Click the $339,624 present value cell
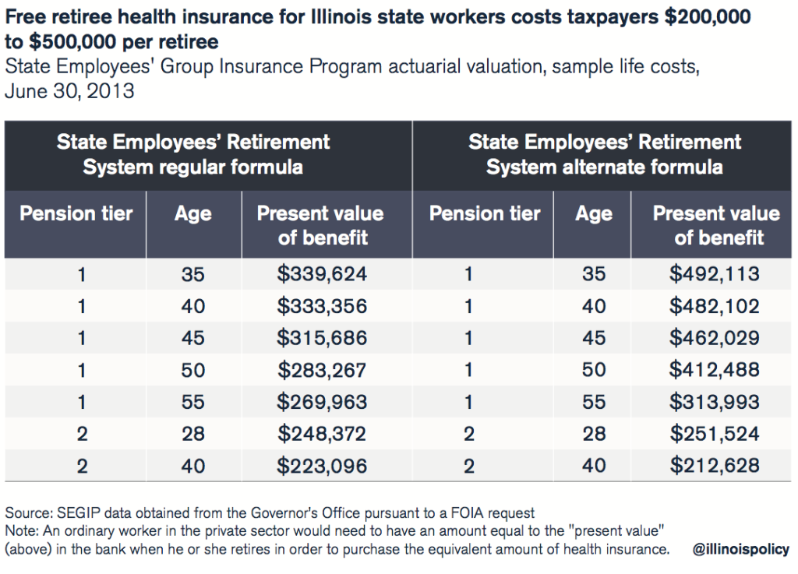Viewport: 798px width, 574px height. (322, 273)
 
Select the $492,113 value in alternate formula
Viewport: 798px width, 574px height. (714, 273)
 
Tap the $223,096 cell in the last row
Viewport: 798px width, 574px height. (322, 466)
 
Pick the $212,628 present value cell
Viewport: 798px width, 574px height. (714, 466)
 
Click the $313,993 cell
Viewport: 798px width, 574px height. (714, 402)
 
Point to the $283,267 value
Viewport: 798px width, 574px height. (322, 370)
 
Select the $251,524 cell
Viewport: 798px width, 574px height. (714, 434)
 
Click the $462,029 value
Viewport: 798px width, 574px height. (714, 338)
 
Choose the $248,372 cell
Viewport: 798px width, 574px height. (322, 434)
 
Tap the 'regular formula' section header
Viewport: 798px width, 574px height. (193, 154)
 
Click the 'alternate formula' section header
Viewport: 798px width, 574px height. (605, 154)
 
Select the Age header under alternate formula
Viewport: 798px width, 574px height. (594, 213)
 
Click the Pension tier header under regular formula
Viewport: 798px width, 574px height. (76, 213)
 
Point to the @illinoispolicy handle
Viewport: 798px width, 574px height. (740, 550)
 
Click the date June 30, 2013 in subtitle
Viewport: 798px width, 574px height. (70, 91)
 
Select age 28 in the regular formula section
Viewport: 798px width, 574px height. (193, 434)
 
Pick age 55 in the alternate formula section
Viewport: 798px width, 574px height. (594, 402)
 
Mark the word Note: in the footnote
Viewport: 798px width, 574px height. (21, 531)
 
